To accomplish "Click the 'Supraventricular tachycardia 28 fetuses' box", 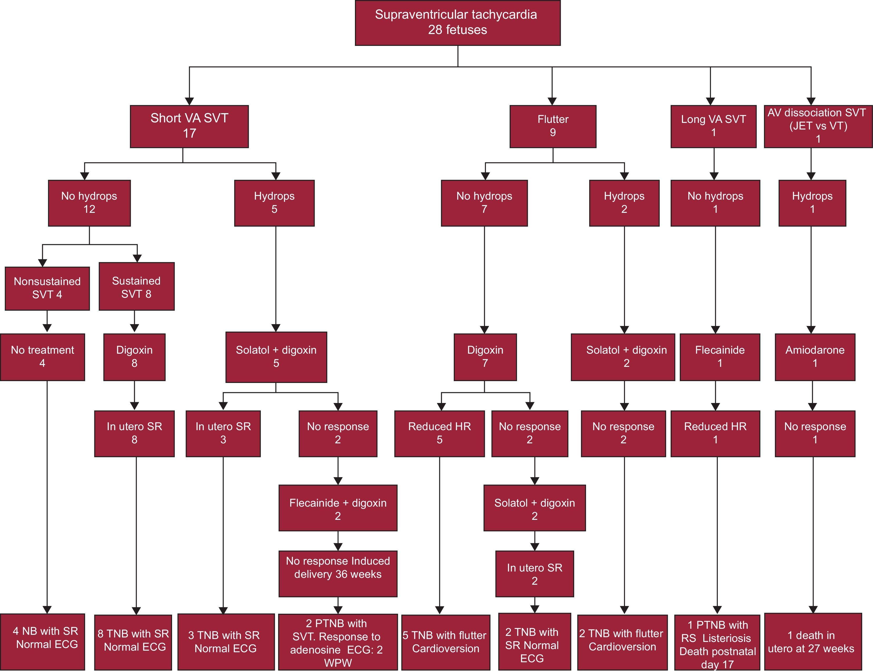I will click(x=457, y=23).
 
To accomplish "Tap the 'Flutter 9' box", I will click(x=553, y=126).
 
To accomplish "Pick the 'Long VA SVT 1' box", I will click(x=713, y=126).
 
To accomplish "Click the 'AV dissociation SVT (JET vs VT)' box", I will click(x=818, y=126).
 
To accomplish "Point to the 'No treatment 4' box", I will click(x=42, y=357).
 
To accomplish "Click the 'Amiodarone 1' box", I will click(x=815, y=357).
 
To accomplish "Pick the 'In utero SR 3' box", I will click(x=223, y=433).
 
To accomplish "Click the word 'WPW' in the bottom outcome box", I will click(x=338, y=663).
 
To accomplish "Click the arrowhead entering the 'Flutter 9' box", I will click(x=552, y=101).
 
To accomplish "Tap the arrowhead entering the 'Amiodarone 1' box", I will click(x=811, y=330).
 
